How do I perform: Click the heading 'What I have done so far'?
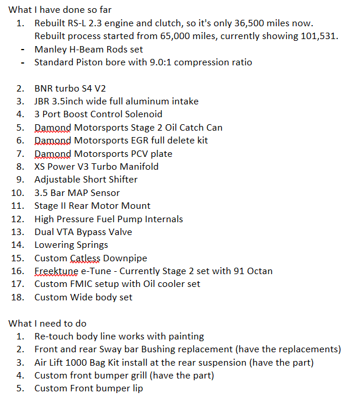click(x=60, y=10)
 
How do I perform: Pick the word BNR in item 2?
click(x=44, y=89)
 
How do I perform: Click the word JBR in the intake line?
click(x=43, y=101)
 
